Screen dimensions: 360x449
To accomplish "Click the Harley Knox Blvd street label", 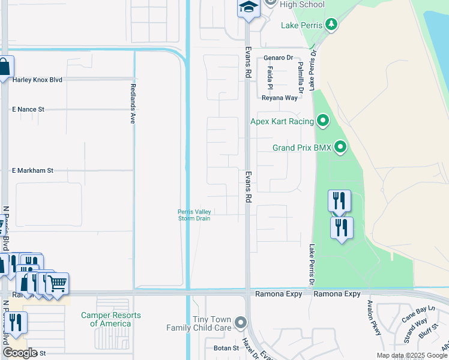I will point(37,80).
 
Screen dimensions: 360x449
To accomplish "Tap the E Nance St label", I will point(28,110).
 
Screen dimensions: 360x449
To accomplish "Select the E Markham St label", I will point(33,170).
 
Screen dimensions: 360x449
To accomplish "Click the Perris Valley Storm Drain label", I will point(194,215).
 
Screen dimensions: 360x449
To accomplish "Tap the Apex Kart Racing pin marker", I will point(323,122).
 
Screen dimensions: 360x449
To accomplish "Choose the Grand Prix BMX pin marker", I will point(341,147).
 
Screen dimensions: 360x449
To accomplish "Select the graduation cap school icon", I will point(247,8).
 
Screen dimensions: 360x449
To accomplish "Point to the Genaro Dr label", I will point(278,58).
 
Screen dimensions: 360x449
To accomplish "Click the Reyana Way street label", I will point(279,98).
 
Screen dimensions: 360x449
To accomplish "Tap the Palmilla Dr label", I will point(300,73).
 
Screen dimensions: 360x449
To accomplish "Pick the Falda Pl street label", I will point(271,77).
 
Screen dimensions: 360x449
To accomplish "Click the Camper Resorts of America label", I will point(111,319).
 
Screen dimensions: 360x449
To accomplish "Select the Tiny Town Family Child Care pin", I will point(241,323).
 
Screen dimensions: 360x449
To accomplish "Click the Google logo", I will point(20,353).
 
